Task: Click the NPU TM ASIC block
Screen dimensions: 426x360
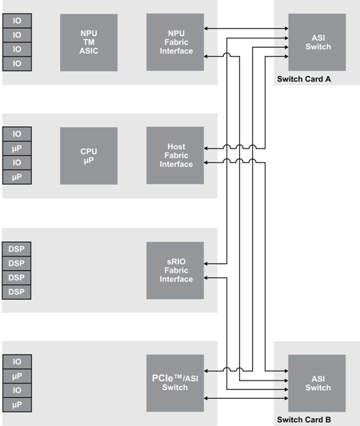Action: coord(88,42)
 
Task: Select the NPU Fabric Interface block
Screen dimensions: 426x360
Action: coord(175,42)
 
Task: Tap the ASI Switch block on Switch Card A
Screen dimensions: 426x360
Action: coord(318,42)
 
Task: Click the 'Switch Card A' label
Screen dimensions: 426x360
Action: coord(303,80)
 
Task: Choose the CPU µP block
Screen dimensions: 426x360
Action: coord(88,156)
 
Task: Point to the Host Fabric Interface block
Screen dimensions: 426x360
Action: coord(175,156)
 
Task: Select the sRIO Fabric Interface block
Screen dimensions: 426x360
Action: coord(175,269)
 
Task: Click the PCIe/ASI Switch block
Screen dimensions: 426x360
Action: coord(175,383)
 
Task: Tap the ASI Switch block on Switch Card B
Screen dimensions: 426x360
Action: coord(318,383)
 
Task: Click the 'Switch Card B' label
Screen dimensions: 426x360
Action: coord(303,419)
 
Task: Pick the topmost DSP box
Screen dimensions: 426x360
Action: coord(17,249)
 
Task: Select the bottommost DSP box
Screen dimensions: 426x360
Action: coord(17,292)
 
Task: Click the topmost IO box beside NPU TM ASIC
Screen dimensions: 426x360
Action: coord(17,20)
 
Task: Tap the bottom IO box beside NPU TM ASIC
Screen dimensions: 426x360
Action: coord(17,63)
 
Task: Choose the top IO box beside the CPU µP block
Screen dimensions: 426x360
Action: coord(17,133)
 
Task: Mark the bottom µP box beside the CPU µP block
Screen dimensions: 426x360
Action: coord(17,177)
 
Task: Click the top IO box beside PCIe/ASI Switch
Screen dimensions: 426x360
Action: coord(17,360)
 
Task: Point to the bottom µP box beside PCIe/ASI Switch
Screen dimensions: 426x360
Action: coord(17,404)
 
